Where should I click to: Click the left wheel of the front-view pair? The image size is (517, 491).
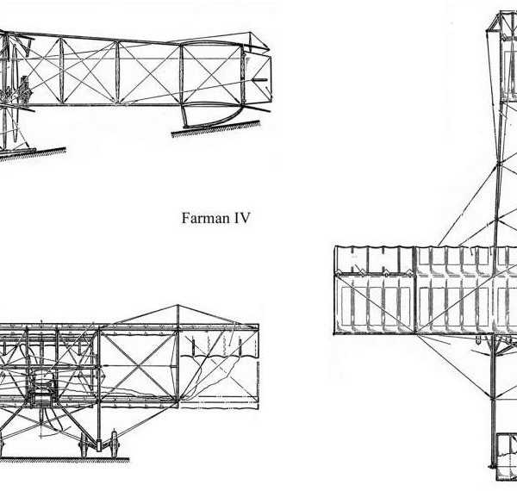[x=85, y=444]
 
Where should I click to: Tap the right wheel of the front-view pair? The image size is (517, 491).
[x=112, y=444]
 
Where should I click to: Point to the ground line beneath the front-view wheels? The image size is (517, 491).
[x=65, y=459]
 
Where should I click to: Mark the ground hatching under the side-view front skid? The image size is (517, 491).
[x=34, y=153]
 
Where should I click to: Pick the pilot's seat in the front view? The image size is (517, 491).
[x=39, y=392]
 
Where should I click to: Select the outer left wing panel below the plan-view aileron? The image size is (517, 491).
[x=372, y=301]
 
